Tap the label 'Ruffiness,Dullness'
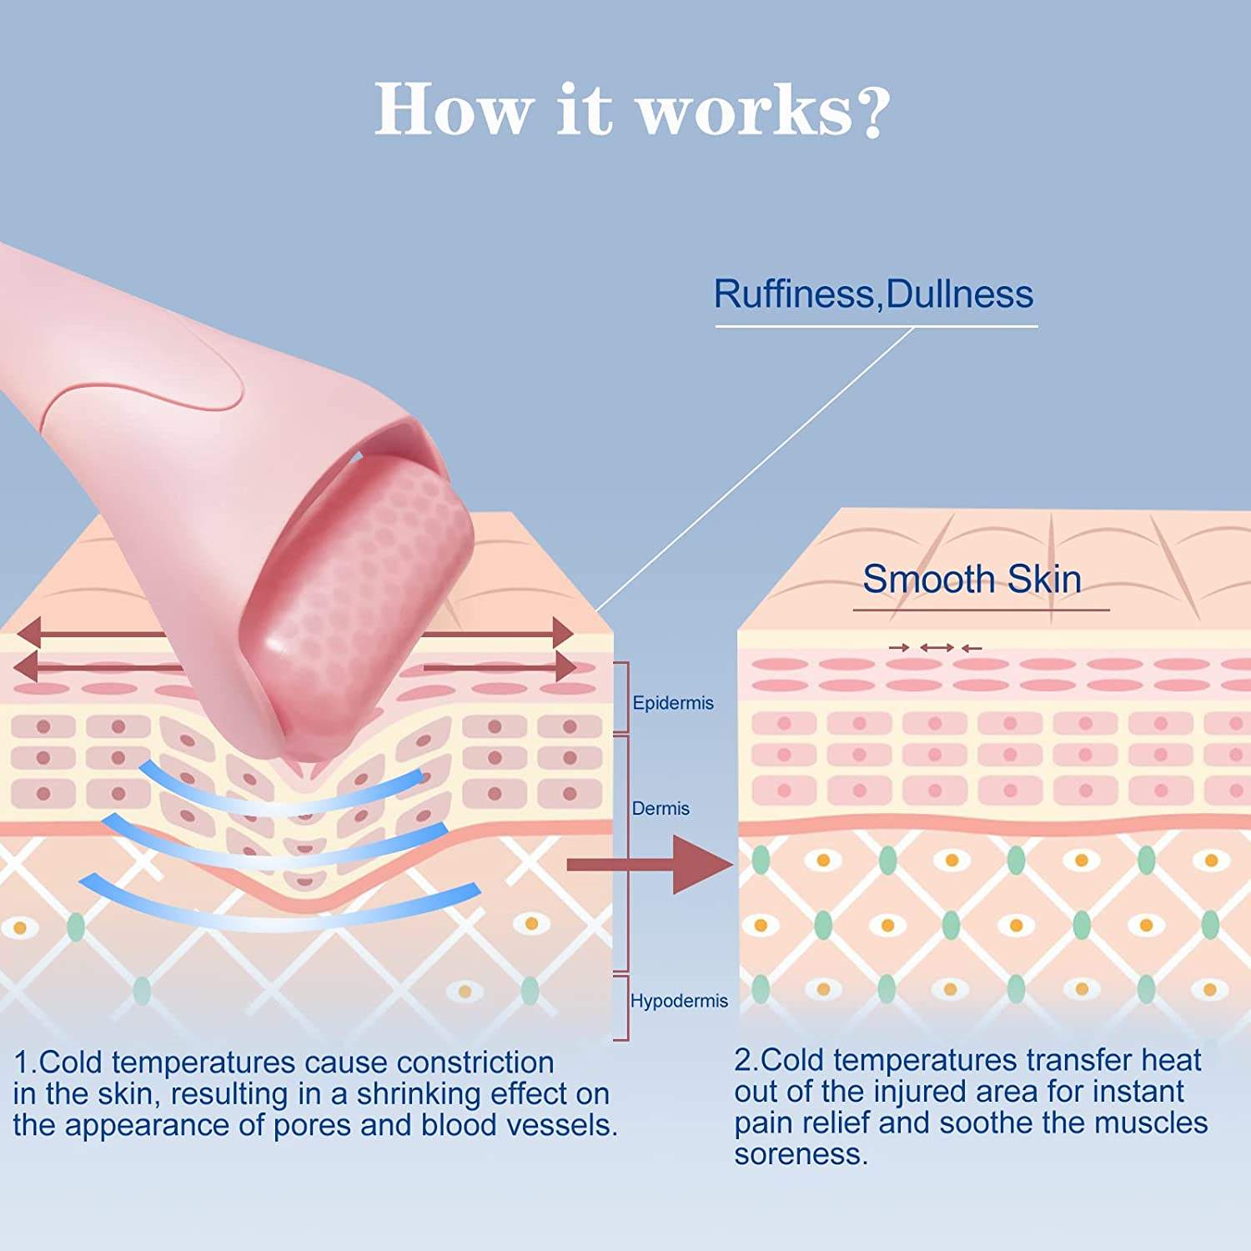[873, 294]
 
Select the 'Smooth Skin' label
[972, 579]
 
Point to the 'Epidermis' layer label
[673, 703]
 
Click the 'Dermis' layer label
[661, 808]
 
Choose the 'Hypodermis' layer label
[679, 1001]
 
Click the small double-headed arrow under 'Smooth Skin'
[937, 647]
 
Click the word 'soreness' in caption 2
[800, 1154]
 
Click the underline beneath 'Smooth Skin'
[981, 610]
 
